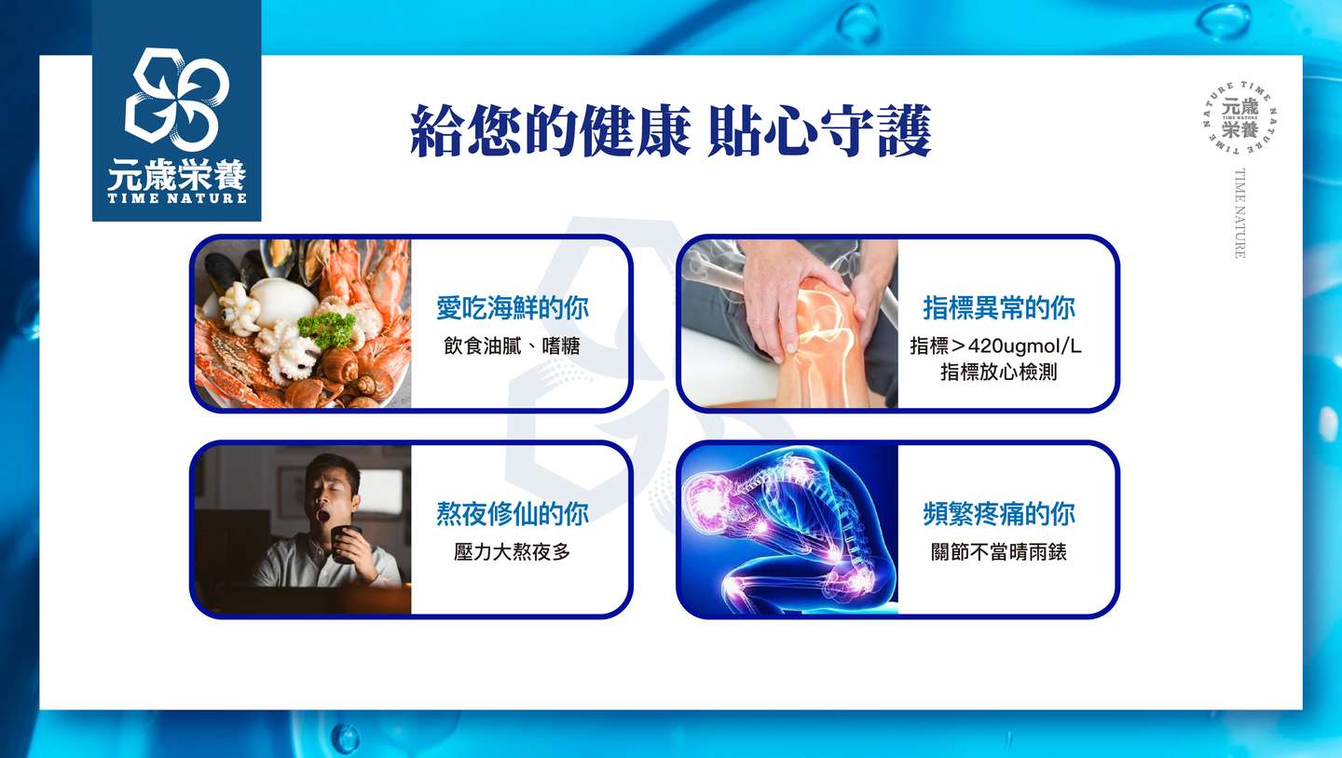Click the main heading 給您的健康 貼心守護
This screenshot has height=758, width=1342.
tap(670, 130)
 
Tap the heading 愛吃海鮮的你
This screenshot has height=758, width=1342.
tap(513, 307)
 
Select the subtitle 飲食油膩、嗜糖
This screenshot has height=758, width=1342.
tap(512, 346)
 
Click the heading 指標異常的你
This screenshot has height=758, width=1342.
tap(999, 307)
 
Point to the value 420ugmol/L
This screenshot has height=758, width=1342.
tap(1024, 346)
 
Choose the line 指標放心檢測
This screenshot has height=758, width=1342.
tap(999, 372)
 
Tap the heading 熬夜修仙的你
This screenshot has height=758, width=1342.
tap(513, 514)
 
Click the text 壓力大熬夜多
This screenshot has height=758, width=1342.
tap(512, 552)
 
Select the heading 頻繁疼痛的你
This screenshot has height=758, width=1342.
tap(999, 514)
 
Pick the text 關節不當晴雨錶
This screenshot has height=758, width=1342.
tap(999, 552)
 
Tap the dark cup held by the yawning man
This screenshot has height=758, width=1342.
tap(346, 544)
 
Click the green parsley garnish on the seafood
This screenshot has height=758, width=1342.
tap(326, 328)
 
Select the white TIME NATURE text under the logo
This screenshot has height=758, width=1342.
tap(177, 198)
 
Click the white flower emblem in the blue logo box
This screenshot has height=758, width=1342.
tap(177, 100)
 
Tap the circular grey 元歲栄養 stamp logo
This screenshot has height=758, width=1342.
tap(1239, 118)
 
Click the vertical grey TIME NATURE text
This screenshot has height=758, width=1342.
tap(1239, 213)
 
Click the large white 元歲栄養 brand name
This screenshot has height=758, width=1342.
tap(177, 174)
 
